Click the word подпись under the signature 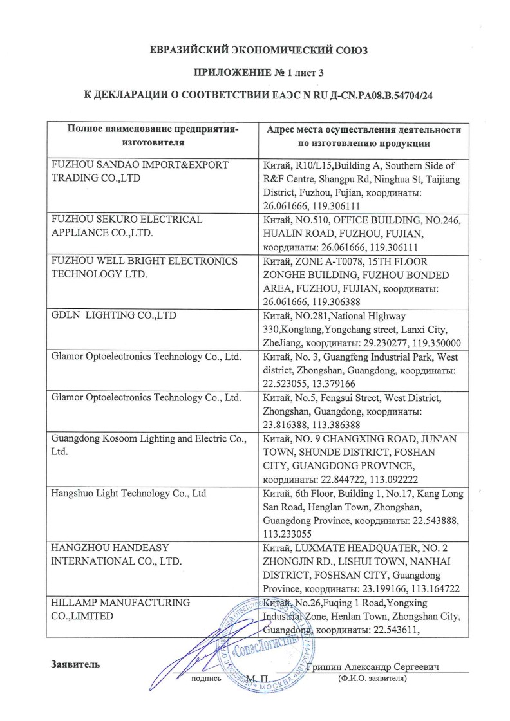(207, 679)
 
